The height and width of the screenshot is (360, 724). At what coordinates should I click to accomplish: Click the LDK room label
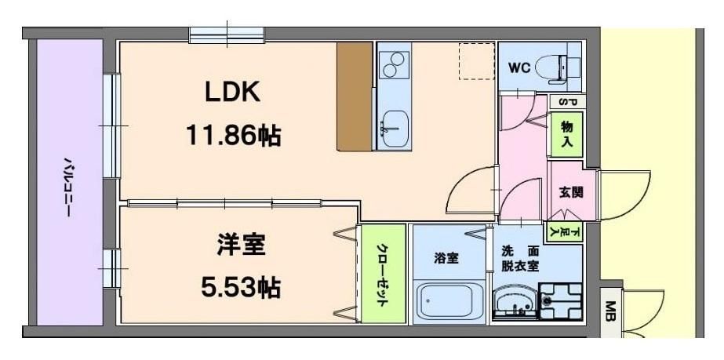click(x=232, y=93)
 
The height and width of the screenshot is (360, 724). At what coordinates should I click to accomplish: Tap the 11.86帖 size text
click(x=234, y=136)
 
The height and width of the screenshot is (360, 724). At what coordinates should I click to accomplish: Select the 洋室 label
click(x=242, y=245)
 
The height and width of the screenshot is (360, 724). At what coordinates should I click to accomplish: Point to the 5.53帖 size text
click(x=241, y=289)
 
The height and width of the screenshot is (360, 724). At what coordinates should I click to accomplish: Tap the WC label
click(x=519, y=68)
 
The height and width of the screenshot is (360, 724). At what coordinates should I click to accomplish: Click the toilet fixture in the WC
click(x=558, y=69)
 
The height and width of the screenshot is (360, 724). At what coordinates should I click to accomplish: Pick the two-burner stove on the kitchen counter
click(x=393, y=64)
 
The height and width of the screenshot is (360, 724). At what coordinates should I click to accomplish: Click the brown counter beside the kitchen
click(x=355, y=96)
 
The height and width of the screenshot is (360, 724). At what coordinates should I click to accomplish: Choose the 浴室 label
click(x=446, y=259)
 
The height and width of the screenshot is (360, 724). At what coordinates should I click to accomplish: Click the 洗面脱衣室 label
click(x=520, y=259)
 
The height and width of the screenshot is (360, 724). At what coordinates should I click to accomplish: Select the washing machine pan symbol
click(x=561, y=301)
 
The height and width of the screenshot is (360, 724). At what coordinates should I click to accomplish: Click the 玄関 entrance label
click(x=571, y=192)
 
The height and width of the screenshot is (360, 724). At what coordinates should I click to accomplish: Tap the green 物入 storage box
click(x=567, y=134)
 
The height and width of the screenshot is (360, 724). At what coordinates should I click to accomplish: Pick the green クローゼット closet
click(x=384, y=274)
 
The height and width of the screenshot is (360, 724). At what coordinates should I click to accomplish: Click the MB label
click(x=611, y=312)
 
